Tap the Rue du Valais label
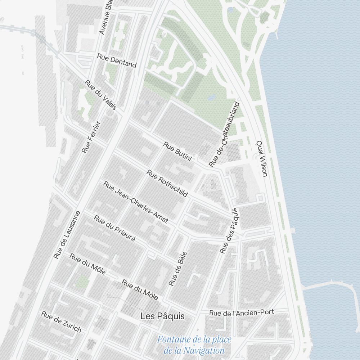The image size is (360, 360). pyautogui.click(x=101, y=95)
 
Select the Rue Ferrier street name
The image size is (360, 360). pyautogui.click(x=91, y=137)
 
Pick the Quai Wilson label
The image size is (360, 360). pyautogui.click(x=262, y=158)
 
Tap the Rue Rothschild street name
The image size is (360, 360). pyautogui.click(x=167, y=183)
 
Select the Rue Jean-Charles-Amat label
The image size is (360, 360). pyautogui.click(x=136, y=202)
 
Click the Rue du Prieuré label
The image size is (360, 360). pyautogui.click(x=114, y=228)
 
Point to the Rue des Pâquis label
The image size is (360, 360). pyautogui.click(x=229, y=231)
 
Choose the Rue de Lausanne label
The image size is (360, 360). pyautogui.click(x=67, y=235)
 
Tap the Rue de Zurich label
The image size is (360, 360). pyautogui.click(x=61, y=322)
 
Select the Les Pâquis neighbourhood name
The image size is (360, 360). pyautogui.click(x=163, y=316)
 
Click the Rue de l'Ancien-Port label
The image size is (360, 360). pyautogui.click(x=242, y=313)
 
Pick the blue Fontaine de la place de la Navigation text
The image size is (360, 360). pyautogui.click(x=194, y=345)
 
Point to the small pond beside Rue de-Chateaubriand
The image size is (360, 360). pyautogui.click(x=212, y=97)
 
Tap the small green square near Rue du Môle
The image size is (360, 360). pyautogui.click(x=82, y=281)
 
